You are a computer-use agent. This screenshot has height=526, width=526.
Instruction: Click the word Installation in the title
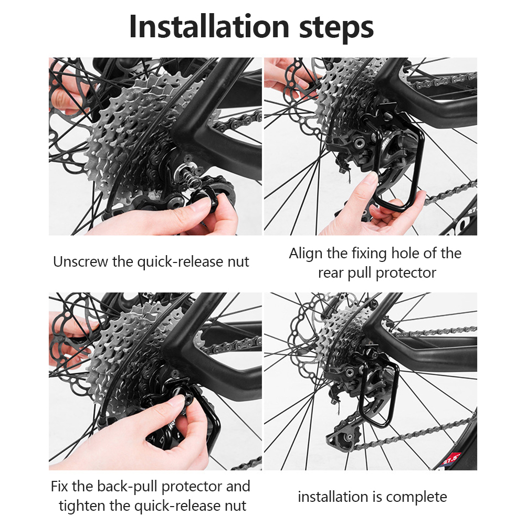point(208,26)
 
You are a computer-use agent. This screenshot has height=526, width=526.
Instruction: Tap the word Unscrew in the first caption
point(81,261)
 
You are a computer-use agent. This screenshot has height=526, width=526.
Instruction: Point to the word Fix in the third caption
point(59,486)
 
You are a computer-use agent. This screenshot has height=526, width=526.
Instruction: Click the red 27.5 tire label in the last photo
point(451,458)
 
